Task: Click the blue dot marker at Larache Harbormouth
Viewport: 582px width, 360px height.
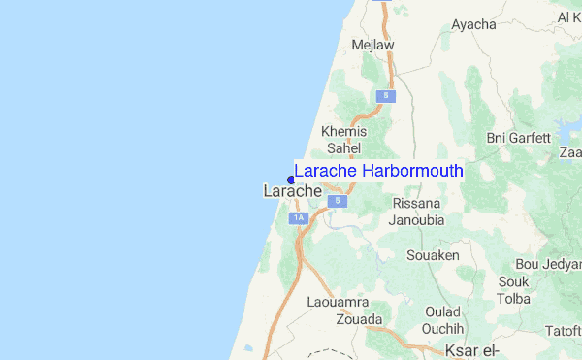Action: point(291,179)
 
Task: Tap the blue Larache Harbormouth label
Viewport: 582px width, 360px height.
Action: point(378,172)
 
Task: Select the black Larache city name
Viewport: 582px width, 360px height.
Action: point(292,192)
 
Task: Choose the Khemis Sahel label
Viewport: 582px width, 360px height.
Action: point(342,140)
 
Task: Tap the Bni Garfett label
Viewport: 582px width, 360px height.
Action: point(518,138)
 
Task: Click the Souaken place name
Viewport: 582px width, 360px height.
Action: point(433,255)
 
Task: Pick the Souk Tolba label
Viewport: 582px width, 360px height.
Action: point(512,290)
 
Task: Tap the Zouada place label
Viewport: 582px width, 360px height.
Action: point(359,319)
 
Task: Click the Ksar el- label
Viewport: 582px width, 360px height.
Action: point(470,349)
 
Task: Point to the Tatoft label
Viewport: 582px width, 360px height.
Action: point(563,331)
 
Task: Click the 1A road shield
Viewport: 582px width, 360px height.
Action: point(299,218)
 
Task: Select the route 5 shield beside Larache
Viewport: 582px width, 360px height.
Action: point(337,200)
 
